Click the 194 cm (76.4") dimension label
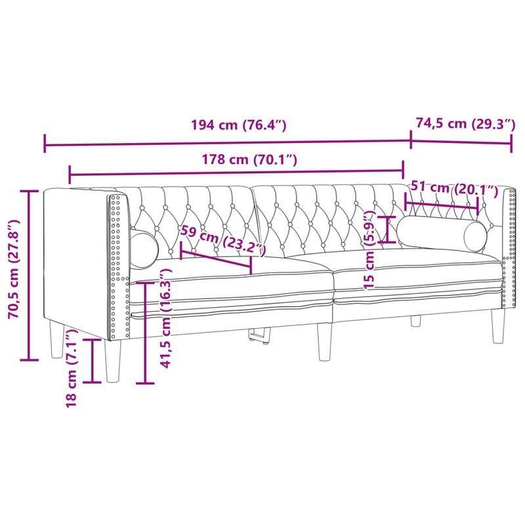click(238, 125)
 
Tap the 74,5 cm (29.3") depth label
click(465, 123)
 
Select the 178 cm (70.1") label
click(249, 159)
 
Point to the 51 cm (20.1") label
click(454, 188)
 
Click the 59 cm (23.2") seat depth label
click(223, 240)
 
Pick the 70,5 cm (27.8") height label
click(15, 274)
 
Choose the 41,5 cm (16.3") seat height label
click(166, 319)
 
